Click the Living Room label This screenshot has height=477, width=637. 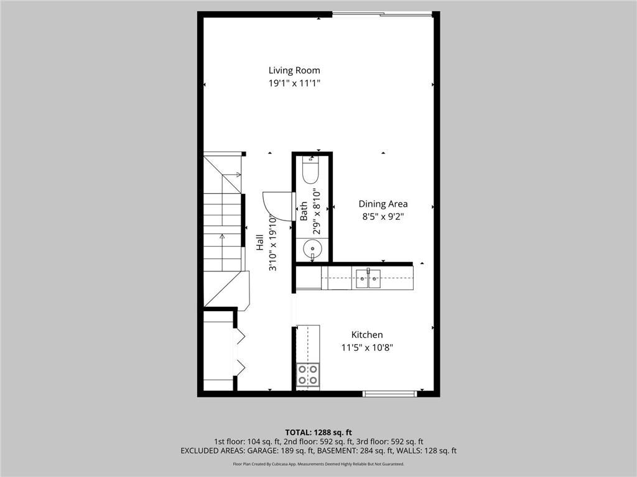tap(294, 70)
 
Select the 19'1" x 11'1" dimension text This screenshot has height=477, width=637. tap(294, 83)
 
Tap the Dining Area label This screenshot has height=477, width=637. tap(383, 204)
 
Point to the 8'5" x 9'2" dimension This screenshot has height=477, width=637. tap(383, 216)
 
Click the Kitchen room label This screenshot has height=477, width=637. tap(367, 335)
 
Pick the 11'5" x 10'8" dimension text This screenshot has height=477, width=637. tap(367, 347)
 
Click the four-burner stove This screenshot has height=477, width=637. tap(307, 375)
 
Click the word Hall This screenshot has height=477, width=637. tap(259, 242)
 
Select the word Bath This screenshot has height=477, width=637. tap(304, 211)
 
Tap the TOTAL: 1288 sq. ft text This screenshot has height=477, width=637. tap(318, 432)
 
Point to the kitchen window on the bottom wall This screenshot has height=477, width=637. tap(390, 393)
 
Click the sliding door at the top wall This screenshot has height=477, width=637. tap(382, 14)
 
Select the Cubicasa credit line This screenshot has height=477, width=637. tap(318, 464)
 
